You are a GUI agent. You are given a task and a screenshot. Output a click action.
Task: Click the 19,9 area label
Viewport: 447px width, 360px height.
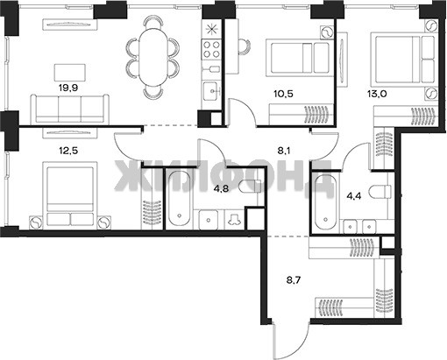68,88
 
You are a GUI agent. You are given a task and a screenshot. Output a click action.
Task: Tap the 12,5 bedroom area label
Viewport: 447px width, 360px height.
68,152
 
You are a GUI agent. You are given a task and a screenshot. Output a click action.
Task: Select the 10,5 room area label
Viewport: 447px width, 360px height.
283,94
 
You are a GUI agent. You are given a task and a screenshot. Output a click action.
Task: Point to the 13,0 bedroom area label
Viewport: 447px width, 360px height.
377,94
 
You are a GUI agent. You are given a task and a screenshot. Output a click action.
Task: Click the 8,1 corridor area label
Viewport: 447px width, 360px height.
284,152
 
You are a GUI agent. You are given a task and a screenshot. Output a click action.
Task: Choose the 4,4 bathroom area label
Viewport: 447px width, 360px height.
354,195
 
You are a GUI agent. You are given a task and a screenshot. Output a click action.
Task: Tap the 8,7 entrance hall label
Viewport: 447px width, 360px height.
294,280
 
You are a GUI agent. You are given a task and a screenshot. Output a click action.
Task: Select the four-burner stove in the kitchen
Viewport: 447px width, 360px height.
211,49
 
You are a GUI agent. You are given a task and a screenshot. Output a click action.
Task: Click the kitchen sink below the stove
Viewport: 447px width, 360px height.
211,91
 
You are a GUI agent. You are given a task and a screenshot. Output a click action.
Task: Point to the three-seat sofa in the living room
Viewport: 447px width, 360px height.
69,109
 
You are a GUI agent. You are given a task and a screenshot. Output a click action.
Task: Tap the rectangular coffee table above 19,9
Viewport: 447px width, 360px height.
70,73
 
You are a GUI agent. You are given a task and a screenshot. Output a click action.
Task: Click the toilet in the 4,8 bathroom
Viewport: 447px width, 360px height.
250,187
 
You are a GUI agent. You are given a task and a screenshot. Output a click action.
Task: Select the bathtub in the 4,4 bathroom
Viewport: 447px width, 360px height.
325,202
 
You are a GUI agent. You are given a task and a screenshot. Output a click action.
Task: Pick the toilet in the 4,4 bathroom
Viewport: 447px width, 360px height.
380,192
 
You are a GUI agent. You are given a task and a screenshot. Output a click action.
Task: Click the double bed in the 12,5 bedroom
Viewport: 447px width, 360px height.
70,194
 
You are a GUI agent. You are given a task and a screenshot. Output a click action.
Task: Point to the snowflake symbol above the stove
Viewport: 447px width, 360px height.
211,29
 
